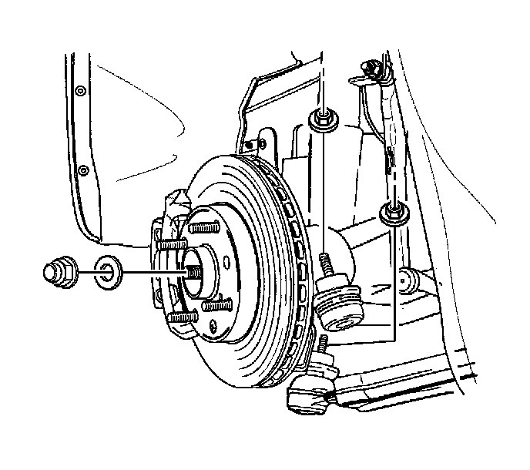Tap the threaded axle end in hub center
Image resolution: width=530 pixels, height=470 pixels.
[x=191, y=273]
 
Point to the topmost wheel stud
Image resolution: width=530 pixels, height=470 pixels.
[x=202, y=229]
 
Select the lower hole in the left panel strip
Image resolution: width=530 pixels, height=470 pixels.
[x=82, y=169]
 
